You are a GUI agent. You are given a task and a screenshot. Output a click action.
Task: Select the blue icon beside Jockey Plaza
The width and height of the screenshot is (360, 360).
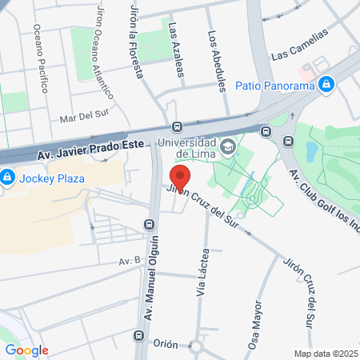click(6, 177)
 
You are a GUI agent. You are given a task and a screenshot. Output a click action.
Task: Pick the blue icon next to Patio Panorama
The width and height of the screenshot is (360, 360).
click(326, 84)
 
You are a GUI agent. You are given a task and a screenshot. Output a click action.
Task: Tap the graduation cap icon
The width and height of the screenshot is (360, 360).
click(229, 146)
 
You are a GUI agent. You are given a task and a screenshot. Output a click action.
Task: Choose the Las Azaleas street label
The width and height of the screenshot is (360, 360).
click(176, 50)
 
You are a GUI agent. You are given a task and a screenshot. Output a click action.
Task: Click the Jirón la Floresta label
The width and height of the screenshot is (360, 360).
click(136, 38)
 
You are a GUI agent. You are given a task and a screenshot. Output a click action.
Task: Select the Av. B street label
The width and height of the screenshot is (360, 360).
click(129, 261)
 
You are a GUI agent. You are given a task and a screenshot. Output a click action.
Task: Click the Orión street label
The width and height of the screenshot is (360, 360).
click(166, 342)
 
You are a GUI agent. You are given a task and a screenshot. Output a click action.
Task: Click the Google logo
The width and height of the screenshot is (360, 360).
click(27, 350)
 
